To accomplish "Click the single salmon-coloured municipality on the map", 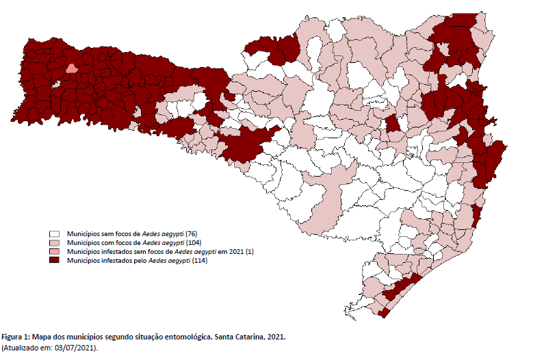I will point(70,68).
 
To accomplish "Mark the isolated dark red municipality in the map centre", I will point(393,124).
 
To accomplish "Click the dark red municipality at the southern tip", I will point(385,312).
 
